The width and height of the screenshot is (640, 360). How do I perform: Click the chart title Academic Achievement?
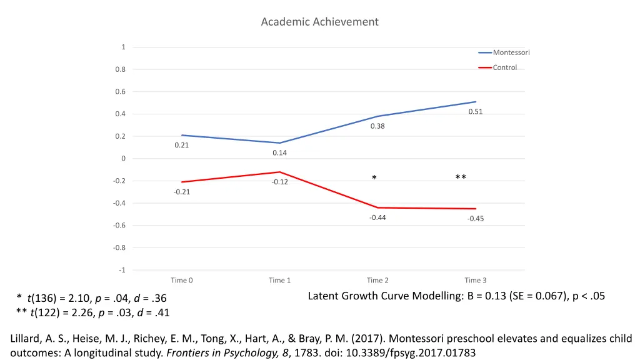point(319,22)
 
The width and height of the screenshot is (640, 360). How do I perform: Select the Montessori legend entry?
point(511,52)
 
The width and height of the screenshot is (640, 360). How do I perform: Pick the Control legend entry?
point(504,67)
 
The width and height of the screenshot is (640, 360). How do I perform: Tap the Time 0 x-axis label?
point(182,281)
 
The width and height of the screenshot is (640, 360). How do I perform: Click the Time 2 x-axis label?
point(377,281)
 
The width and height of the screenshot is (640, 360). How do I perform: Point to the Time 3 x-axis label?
point(475,281)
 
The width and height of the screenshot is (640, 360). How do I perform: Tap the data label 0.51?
point(476,112)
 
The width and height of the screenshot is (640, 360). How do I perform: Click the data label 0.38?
point(377,126)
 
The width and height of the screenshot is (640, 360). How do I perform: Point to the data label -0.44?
point(377,217)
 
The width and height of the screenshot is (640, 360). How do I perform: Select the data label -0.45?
point(475,219)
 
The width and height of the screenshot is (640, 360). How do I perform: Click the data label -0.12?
point(279,182)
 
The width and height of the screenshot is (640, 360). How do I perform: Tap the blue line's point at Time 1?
point(280,143)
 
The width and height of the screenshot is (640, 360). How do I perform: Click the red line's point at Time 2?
point(377,207)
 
